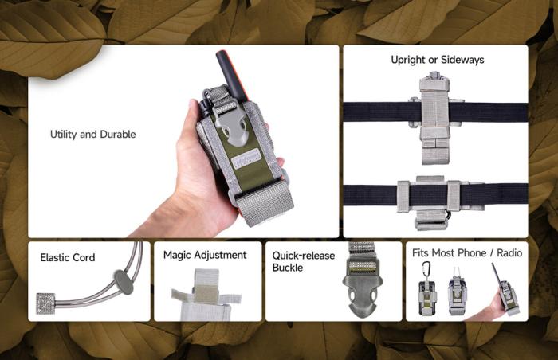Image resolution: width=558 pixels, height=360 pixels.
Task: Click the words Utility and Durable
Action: [x=93, y=134]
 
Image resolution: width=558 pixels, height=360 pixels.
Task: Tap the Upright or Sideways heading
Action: [x=438, y=60]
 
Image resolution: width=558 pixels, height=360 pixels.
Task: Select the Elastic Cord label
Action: [x=68, y=257]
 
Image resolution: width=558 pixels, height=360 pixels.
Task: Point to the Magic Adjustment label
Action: [x=205, y=255]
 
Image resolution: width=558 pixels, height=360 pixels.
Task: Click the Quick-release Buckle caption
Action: [x=304, y=261]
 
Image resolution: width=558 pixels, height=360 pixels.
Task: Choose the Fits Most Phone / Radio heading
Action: [x=467, y=253]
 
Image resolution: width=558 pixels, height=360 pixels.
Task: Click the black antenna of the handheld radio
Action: [x=230, y=76]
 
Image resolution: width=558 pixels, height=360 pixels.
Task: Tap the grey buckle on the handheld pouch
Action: [x=234, y=124]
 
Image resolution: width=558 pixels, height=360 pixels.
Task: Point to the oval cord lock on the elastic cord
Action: [x=124, y=282]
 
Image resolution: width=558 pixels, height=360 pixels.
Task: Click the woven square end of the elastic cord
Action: [x=46, y=303]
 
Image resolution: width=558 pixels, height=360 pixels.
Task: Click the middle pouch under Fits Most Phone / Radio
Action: [x=458, y=294]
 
